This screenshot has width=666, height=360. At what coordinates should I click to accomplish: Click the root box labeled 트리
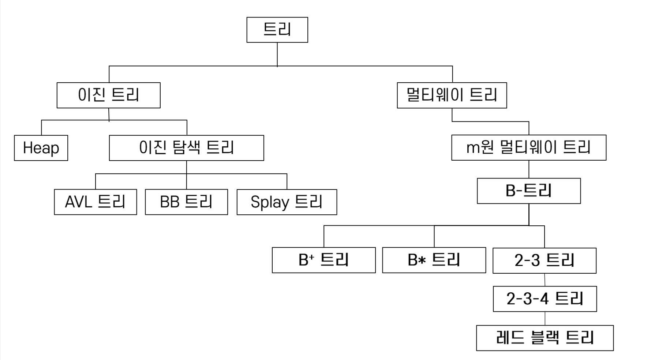(x=277, y=30)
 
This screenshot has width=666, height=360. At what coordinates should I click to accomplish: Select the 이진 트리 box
(x=108, y=95)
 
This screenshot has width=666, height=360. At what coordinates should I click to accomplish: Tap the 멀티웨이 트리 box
(x=452, y=95)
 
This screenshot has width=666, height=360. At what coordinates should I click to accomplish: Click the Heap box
(x=41, y=148)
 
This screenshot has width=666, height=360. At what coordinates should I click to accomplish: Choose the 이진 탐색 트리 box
(x=186, y=148)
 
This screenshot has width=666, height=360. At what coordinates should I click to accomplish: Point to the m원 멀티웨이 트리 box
(x=528, y=147)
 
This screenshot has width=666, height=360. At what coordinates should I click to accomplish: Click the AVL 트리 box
(x=95, y=202)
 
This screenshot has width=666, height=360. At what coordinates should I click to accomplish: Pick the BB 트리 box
(x=186, y=202)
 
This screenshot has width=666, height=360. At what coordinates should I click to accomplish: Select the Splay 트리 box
(x=287, y=202)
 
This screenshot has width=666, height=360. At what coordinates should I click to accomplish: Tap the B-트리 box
(x=528, y=191)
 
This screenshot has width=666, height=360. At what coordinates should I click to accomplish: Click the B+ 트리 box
(x=323, y=260)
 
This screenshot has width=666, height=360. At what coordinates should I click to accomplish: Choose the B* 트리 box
(x=434, y=260)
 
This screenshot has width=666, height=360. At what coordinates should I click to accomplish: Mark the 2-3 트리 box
(x=544, y=260)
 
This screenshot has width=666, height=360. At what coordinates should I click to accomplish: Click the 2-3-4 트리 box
(x=545, y=299)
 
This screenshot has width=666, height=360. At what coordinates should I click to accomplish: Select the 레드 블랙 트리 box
(x=545, y=338)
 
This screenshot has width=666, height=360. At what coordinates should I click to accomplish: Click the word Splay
(x=270, y=202)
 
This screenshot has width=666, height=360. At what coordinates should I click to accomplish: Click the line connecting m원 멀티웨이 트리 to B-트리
(x=529, y=169)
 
